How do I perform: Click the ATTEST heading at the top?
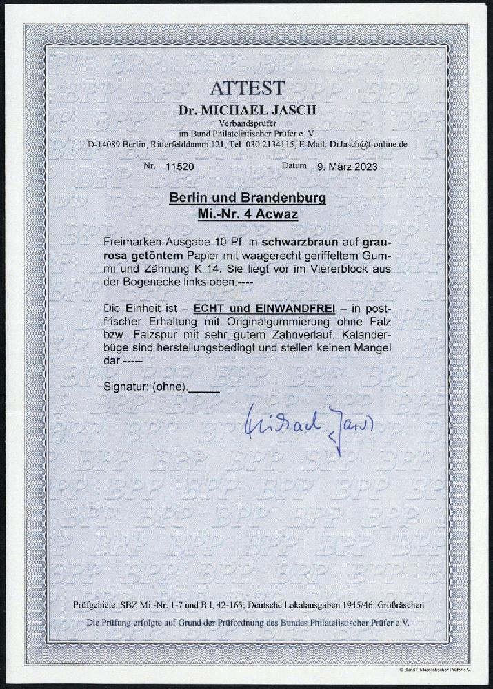[x=247, y=89]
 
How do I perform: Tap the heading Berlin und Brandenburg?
[x=247, y=201]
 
